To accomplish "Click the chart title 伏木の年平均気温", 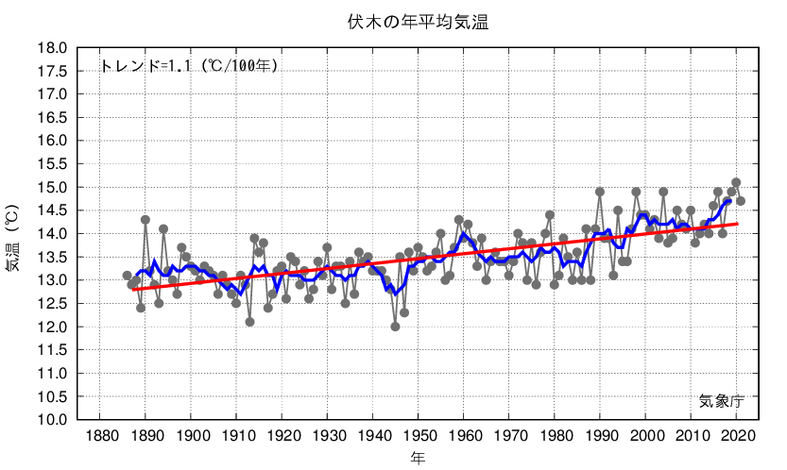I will point(417,22).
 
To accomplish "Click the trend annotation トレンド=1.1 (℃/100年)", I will point(189,66).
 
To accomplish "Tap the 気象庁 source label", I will point(722,400).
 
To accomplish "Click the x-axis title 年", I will point(418,459).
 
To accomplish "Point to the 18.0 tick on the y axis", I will point(53,48).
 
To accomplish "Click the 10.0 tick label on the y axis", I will point(53,419).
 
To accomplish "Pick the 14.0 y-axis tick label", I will point(53,233).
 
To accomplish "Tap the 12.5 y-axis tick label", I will point(53,303).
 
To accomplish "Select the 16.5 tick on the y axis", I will point(53,118).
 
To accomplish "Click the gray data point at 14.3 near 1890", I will point(145,220).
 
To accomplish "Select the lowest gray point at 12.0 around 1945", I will point(395,327).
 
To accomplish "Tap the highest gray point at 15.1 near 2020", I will point(736,182).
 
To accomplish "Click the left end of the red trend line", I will point(132,290).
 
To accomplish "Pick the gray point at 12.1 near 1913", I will point(249,322).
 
